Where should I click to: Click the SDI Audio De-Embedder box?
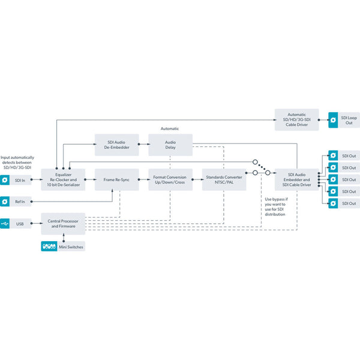(117, 145)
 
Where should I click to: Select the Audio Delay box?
(170, 145)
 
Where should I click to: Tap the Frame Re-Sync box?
(117, 179)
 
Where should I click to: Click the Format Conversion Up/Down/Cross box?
(170, 179)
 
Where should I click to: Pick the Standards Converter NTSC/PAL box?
(224, 179)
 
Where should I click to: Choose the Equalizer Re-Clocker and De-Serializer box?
(63, 179)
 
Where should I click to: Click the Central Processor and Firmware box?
(63, 224)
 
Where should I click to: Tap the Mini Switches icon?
(49, 246)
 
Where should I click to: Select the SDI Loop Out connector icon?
(332, 120)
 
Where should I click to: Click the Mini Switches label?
(71, 246)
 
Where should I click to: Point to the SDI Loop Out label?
(349, 120)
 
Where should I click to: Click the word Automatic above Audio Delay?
(170, 128)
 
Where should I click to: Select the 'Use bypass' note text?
(275, 207)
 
